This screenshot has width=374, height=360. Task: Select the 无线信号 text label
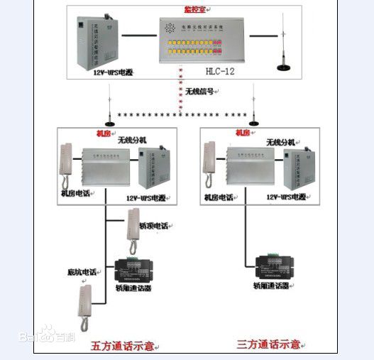201,92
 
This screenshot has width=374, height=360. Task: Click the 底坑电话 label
81,271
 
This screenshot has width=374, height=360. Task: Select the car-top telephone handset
133,227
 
